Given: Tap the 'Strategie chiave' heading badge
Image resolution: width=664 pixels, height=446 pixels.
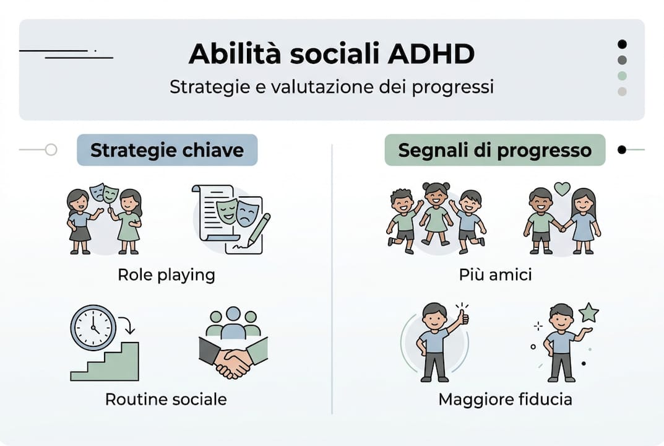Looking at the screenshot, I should tap(166, 150).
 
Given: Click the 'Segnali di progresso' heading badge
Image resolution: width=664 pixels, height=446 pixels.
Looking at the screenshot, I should tap(494, 150).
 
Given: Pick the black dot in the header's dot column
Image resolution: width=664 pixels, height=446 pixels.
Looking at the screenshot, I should tap(622, 44).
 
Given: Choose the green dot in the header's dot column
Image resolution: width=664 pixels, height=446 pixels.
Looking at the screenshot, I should tap(622, 76).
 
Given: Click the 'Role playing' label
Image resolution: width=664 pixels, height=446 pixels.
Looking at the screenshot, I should tap(166, 274).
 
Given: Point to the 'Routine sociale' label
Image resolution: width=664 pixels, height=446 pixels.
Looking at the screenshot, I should tap(166, 399).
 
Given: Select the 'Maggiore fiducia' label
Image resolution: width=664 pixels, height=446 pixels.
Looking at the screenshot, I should tap(505, 399).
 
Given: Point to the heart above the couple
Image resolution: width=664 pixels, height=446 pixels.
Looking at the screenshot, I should tap(562, 188).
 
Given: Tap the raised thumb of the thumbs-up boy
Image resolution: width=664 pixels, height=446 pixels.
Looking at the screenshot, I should tap(462, 315).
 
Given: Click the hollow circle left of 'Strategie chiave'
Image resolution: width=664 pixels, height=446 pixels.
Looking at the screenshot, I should tap(51, 149).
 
